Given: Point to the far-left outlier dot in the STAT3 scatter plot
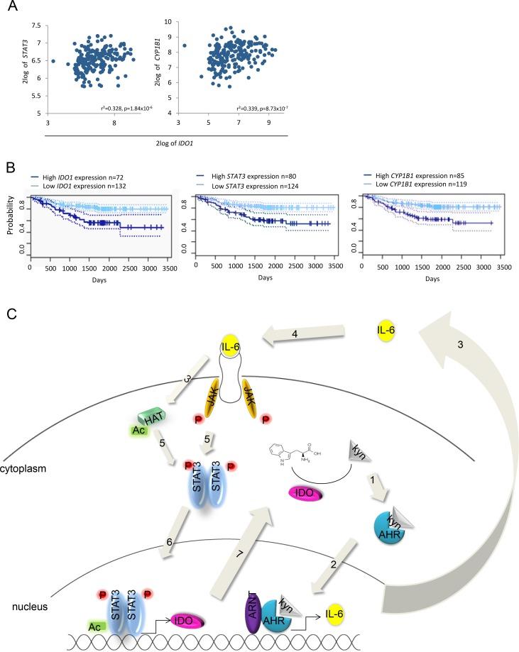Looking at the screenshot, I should (x=53, y=61).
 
